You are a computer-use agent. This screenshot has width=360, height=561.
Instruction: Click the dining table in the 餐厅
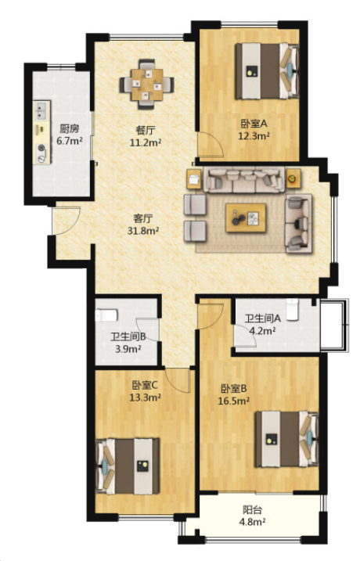click(x=146, y=85)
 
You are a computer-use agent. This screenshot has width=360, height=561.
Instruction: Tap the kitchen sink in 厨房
click(x=41, y=110)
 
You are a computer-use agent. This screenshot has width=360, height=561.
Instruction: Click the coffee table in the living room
click(x=246, y=218)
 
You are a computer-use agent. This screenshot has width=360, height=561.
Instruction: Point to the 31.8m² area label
click(x=143, y=231)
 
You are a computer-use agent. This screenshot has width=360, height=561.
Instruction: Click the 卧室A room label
click(x=254, y=124)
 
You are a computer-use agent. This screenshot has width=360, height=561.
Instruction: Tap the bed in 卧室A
click(x=267, y=71)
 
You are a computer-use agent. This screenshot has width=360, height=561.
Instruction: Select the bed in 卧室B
click(x=286, y=439)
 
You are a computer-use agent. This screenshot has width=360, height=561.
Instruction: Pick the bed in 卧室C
click(x=128, y=466)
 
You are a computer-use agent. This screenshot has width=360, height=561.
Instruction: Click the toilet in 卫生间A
click(x=292, y=309)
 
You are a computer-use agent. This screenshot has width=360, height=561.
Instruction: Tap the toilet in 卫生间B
click(x=106, y=315)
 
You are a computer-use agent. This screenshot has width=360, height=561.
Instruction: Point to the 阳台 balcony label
click(x=252, y=509)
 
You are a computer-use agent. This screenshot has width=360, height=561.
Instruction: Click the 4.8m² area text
click(x=252, y=522)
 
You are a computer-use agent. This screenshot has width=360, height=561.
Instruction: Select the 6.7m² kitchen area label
click(x=70, y=141)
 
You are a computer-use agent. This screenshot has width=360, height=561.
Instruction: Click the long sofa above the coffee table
click(x=244, y=179)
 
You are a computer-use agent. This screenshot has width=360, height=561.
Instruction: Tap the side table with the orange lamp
click(x=293, y=178)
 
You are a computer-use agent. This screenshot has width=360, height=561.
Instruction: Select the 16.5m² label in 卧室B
click(x=234, y=401)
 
